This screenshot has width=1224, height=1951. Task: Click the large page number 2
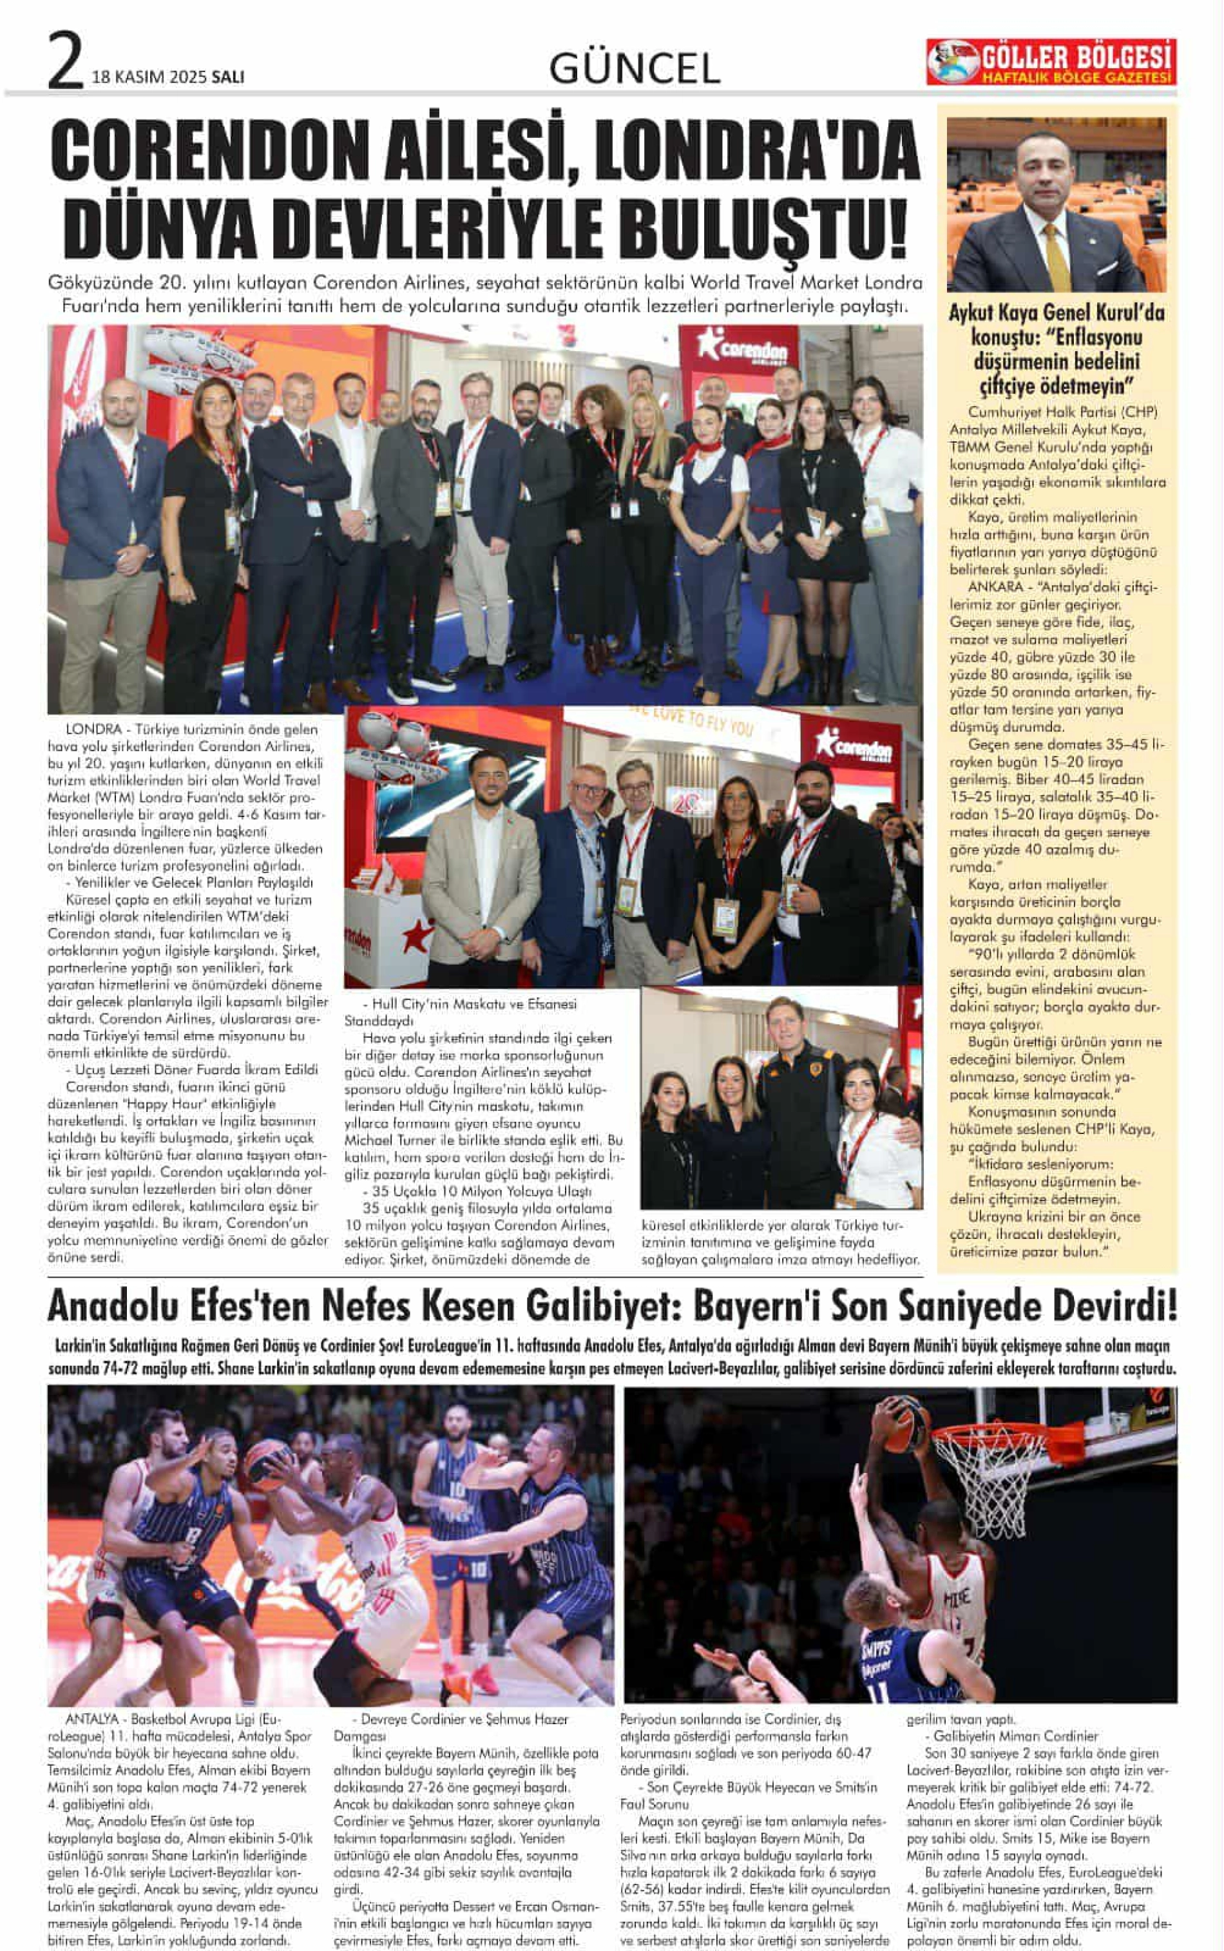click(66, 61)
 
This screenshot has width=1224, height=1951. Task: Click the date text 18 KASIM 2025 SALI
click(168, 77)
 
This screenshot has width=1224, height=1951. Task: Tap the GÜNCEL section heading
click(634, 68)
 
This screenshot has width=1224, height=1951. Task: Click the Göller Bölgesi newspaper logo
click(1051, 62)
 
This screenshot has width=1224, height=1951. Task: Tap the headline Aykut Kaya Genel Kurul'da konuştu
click(1057, 348)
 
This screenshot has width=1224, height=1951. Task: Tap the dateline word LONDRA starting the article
click(92, 729)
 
